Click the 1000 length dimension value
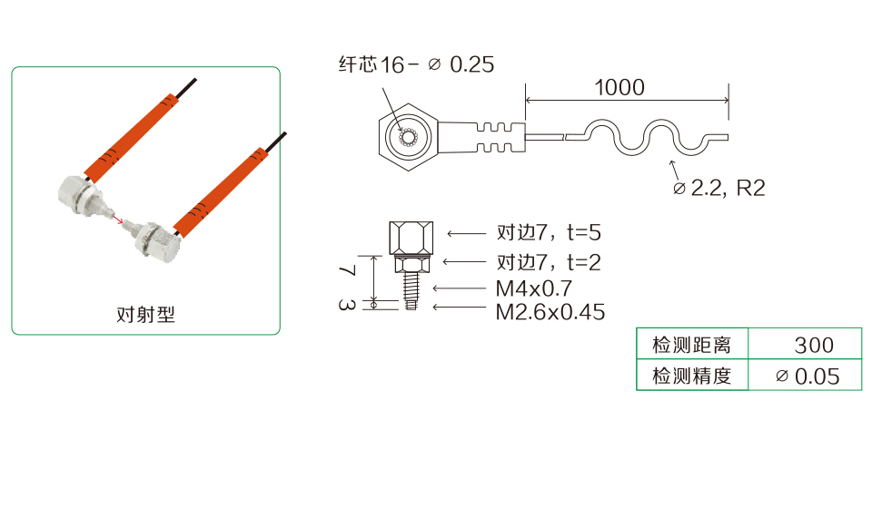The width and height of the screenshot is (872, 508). click(x=619, y=87)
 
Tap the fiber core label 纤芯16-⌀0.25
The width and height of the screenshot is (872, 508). click(x=416, y=64)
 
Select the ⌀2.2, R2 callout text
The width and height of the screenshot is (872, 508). click(x=719, y=188)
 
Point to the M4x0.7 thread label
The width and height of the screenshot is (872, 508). click(x=534, y=288)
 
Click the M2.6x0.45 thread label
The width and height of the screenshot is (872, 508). click(x=550, y=312)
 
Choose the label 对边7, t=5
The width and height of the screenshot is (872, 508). click(x=549, y=232)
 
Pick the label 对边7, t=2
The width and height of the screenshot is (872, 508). click(x=549, y=262)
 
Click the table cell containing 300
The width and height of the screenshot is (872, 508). click(x=805, y=344)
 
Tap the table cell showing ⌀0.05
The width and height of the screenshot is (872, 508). click(x=805, y=375)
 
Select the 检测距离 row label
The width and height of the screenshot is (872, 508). click(x=692, y=345)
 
